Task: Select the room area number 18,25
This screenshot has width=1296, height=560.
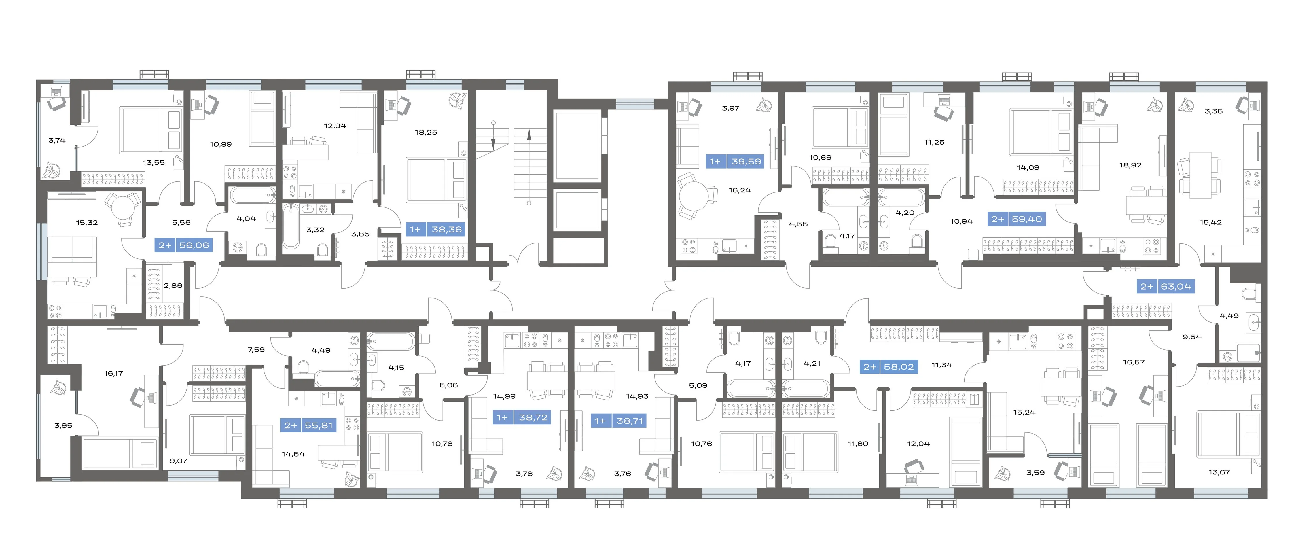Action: click(x=426, y=132)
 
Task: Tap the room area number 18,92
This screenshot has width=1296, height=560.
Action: click(x=1130, y=165)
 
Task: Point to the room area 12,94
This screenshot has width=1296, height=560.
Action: click(x=335, y=126)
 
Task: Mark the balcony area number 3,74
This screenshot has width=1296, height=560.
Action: click(x=57, y=140)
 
